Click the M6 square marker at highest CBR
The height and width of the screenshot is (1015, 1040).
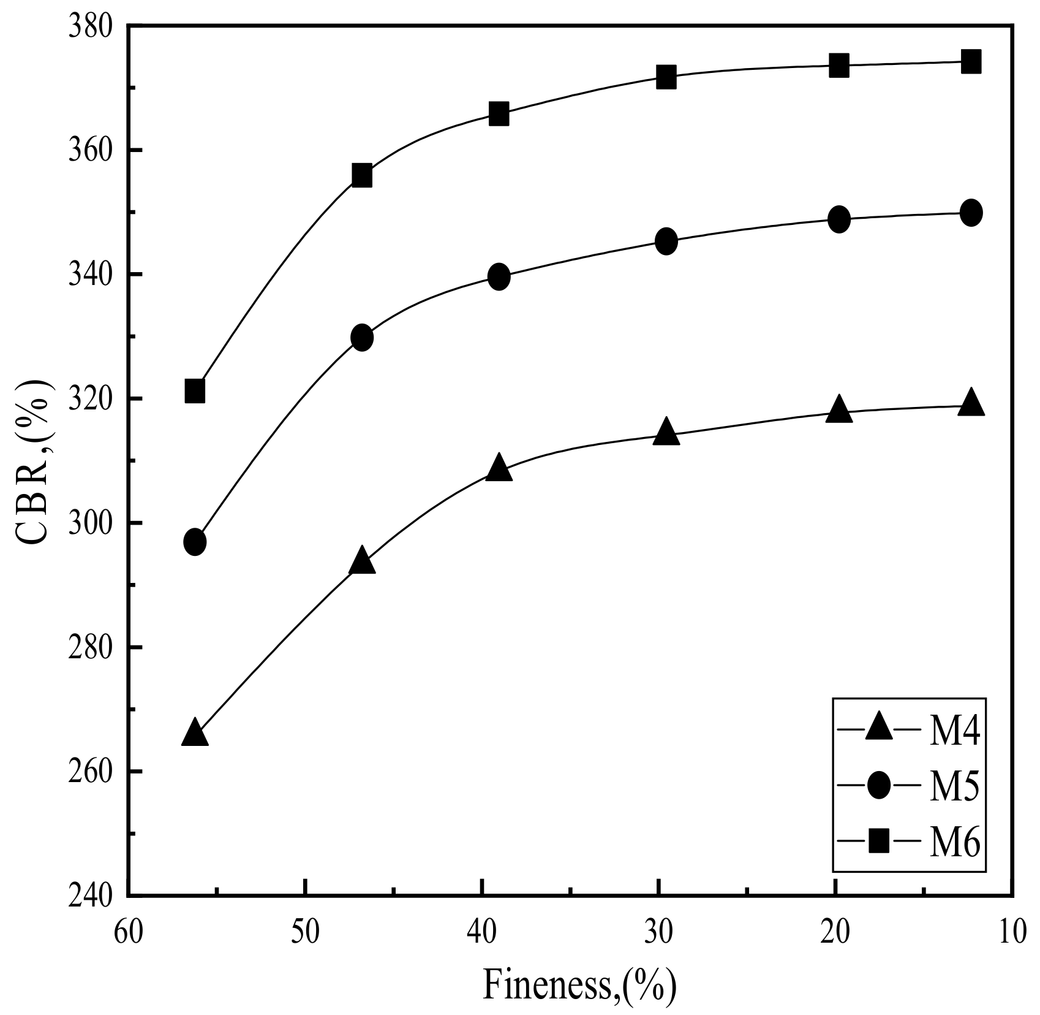coord(971,62)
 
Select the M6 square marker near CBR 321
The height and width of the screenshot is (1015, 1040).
coord(195,390)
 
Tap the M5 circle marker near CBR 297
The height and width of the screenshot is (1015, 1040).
coord(195,542)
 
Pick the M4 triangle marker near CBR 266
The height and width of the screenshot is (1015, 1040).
coord(195,733)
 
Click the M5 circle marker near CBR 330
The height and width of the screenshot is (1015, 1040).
coord(362,337)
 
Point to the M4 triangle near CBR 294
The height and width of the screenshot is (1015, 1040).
coord(362,561)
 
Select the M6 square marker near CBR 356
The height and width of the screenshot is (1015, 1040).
coord(362,176)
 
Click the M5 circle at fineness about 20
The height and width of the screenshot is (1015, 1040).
coord(838,219)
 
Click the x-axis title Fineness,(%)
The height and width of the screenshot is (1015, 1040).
coord(579,985)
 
